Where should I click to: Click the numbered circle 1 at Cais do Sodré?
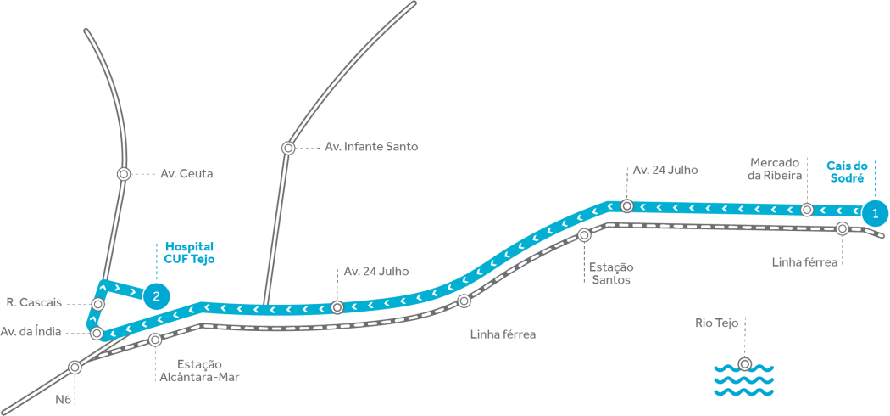point(876,211)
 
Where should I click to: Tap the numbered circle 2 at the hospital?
point(156,295)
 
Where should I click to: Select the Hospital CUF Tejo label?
point(189,252)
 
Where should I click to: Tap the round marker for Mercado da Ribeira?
point(807,209)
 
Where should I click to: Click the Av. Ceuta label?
point(186,174)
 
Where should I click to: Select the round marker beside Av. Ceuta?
point(124,173)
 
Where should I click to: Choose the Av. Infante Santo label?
point(371,147)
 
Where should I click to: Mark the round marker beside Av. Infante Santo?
point(288,148)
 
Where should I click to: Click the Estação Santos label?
point(609,273)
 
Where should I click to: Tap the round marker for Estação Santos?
point(584,235)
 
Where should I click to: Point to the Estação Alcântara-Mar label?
point(199,370)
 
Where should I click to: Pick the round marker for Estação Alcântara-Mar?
point(155,340)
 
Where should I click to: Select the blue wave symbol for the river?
point(743,380)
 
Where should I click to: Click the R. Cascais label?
point(33,302)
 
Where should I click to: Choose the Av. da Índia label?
point(31,332)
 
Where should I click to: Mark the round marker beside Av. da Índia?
point(97,334)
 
